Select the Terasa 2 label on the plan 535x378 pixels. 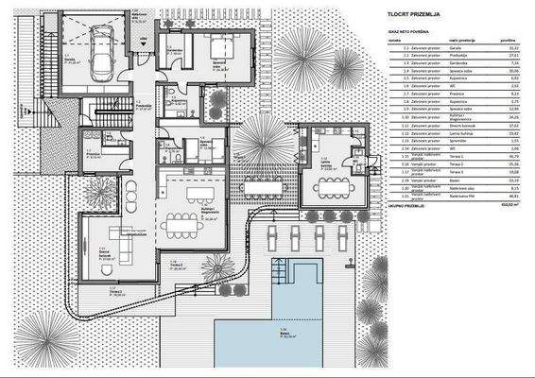[x=176, y=266]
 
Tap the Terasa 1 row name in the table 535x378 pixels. [x=457, y=156]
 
